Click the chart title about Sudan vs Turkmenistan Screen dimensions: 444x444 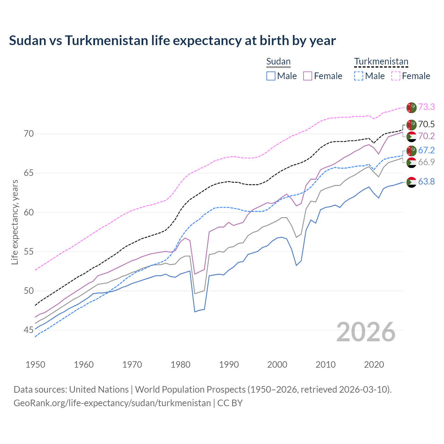(x=172, y=41)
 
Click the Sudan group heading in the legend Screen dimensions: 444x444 (x=278, y=62)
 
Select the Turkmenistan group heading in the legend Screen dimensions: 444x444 (x=381, y=62)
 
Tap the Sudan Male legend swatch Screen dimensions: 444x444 (x=271, y=76)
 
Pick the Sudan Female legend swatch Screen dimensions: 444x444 (x=308, y=76)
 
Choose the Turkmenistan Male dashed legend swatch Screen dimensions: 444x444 (x=359, y=76)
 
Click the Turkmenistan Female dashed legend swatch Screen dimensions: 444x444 (x=395, y=76)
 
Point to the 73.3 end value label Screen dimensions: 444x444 (x=426, y=107)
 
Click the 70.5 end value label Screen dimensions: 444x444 (x=426, y=125)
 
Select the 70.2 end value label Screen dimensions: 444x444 (x=426, y=136)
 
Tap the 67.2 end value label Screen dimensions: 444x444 (x=426, y=151)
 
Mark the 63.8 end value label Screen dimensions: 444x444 (x=426, y=182)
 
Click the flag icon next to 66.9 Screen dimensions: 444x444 (x=411, y=162)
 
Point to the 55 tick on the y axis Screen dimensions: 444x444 (x=28, y=251)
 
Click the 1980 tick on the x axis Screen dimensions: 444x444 (x=180, y=365)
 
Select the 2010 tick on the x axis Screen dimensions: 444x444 (x=325, y=365)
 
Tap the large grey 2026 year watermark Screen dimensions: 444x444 (x=366, y=332)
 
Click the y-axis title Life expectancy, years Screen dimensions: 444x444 (x=15, y=222)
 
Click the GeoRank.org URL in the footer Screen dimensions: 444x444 (x=112, y=403)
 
